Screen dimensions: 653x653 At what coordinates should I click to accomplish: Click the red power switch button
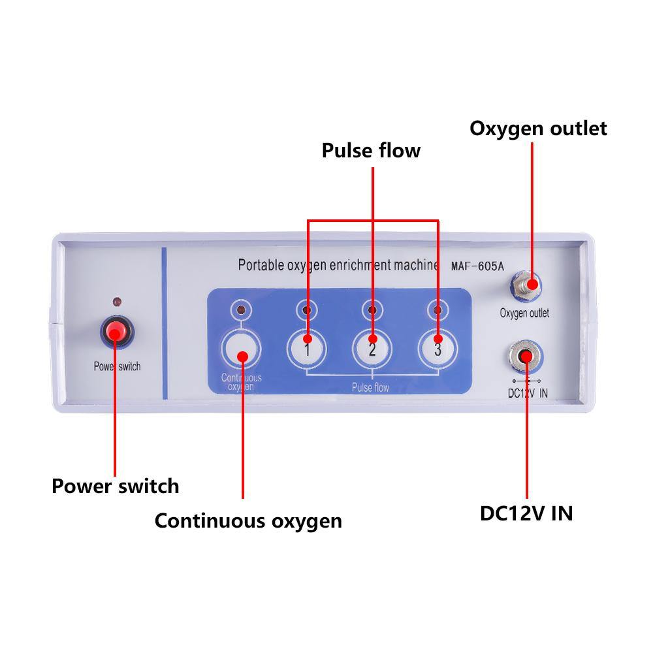point(116,333)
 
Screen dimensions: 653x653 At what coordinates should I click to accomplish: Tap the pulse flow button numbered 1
point(307,346)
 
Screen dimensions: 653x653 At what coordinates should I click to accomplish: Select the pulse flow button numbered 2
point(372,346)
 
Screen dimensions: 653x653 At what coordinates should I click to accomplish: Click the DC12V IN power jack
point(526,356)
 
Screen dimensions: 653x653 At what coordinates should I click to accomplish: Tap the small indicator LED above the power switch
point(116,302)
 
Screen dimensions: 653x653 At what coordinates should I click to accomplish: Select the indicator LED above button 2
point(372,309)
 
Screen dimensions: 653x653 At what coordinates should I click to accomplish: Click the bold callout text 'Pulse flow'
point(371,151)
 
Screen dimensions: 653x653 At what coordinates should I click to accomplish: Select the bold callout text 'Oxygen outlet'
point(538,128)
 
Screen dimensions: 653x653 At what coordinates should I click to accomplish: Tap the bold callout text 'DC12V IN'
point(526,513)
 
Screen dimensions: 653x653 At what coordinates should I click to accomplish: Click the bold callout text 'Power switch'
point(115,486)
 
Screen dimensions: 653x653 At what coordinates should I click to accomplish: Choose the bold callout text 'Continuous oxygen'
point(248,520)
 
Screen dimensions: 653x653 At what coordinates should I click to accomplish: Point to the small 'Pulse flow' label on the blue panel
point(370,388)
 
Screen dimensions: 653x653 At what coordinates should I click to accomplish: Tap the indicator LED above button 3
point(438,309)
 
